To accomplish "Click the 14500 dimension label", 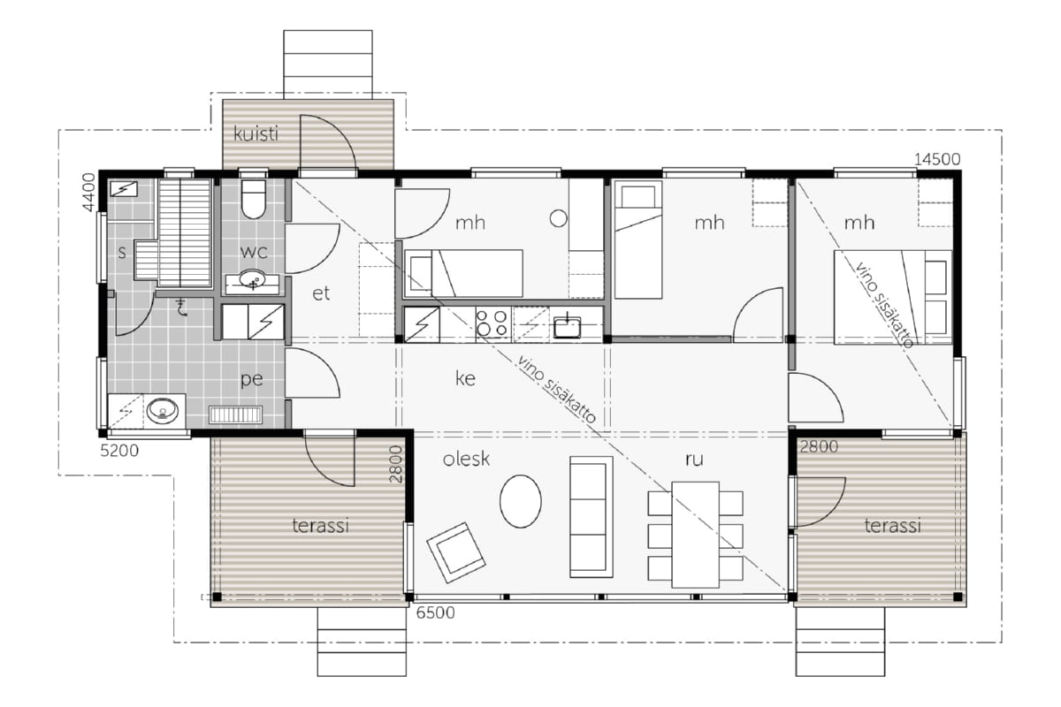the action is (937, 159).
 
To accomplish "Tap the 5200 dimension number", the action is (120, 451).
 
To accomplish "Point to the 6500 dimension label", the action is (435, 612).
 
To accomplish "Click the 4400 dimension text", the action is (89, 193).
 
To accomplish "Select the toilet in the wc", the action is (254, 199).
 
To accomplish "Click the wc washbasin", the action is (252, 280).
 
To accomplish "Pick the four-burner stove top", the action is (492, 323).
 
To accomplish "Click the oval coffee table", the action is (521, 501).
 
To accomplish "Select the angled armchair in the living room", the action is (456, 552).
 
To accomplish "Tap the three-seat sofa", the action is (592, 517).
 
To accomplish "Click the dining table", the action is (695, 535).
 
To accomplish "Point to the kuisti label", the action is (256, 134).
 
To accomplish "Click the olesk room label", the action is (466, 459).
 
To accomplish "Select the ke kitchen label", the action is (465, 378).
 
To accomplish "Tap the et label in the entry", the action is (321, 293).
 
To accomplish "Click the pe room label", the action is (251, 380).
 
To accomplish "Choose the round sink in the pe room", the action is (163, 411).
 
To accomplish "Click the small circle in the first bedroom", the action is (559, 218).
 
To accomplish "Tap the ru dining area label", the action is (694, 460).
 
